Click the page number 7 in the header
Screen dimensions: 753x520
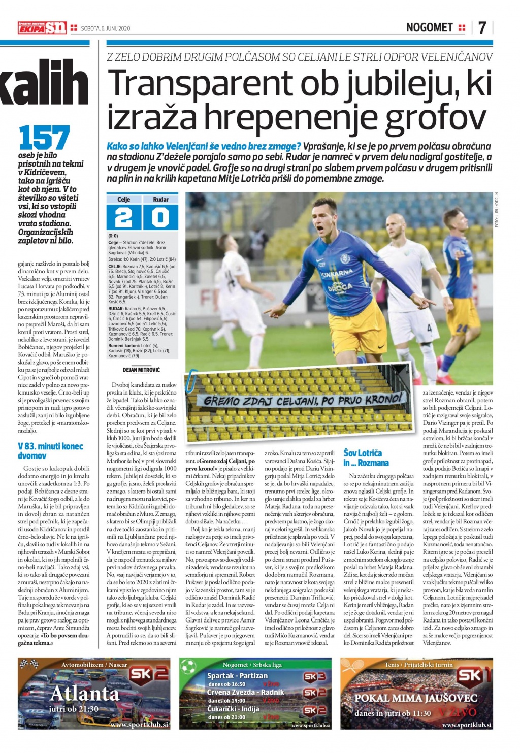[481, 27]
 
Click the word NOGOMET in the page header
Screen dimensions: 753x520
[429, 28]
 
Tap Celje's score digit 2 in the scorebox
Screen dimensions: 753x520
[123, 217]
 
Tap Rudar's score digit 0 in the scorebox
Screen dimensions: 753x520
[160, 217]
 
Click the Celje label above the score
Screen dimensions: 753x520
[123, 199]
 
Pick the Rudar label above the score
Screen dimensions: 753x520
[160, 199]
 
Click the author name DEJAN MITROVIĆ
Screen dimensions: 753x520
[141, 370]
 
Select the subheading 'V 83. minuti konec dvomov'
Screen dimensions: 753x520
[50, 451]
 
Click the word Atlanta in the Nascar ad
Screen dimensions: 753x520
[85, 693]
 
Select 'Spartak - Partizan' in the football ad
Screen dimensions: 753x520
[237, 676]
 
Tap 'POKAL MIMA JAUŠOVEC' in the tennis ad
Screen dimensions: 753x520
[415, 698]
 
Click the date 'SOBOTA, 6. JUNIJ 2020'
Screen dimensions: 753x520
[106, 29]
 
